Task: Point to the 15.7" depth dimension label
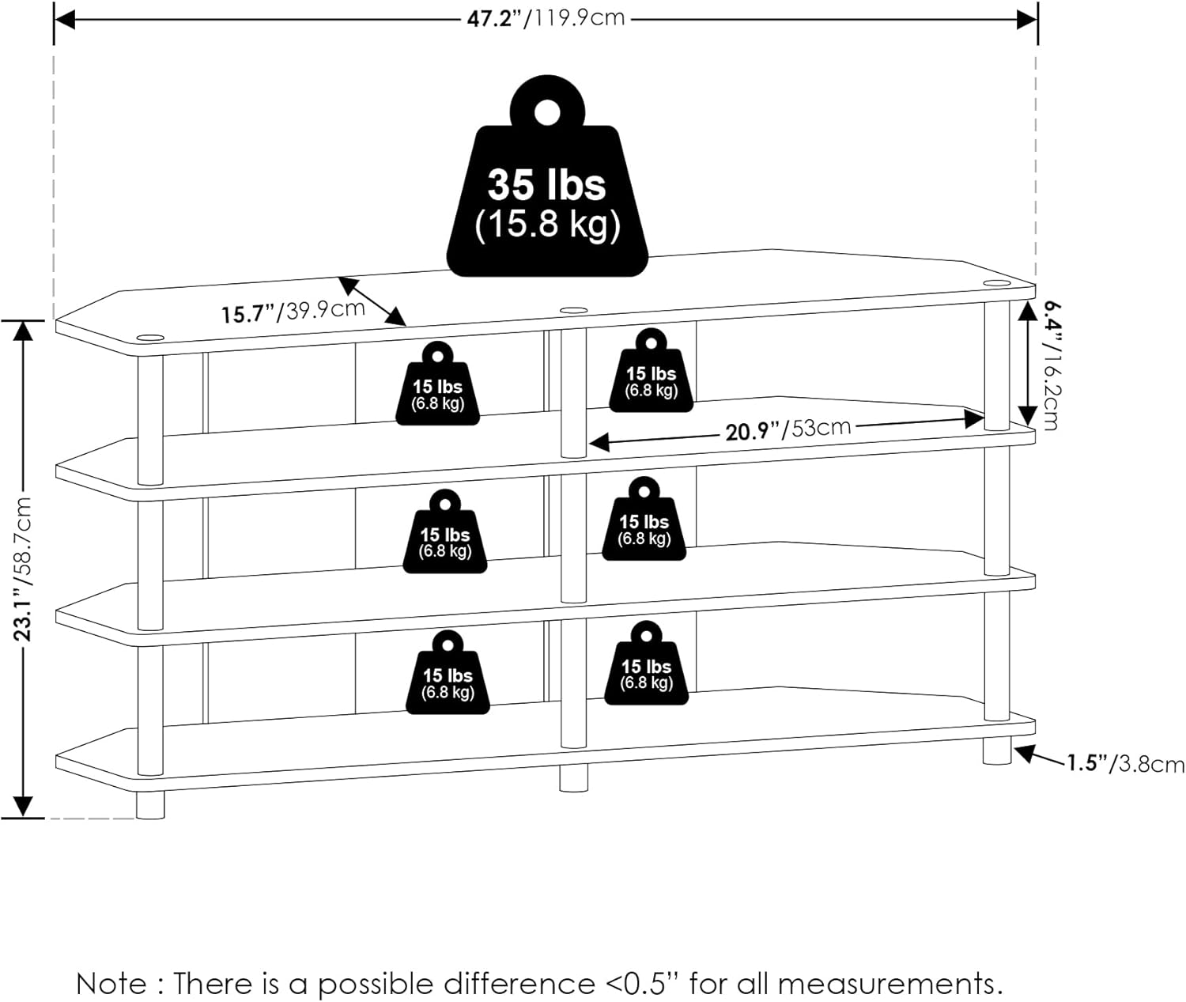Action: (x=293, y=311)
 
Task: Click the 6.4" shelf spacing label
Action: (x=1049, y=364)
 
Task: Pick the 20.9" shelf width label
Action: (x=788, y=429)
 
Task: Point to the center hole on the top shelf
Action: (x=573, y=311)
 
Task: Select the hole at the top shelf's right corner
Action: (x=996, y=282)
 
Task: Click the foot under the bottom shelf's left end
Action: (x=150, y=805)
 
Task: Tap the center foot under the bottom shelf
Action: (x=573, y=778)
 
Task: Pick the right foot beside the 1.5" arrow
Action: (x=997, y=751)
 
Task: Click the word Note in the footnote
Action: (x=111, y=985)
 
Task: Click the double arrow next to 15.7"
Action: (x=372, y=301)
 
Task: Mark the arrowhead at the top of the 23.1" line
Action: (x=24, y=331)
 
